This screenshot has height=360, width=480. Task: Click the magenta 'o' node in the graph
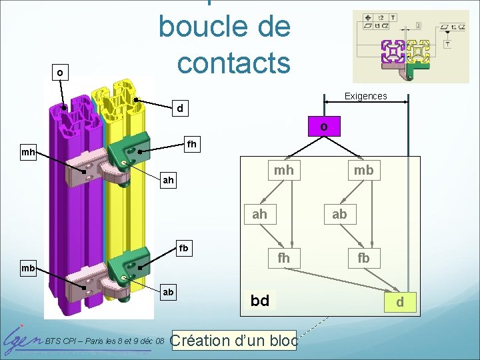pyautogui.click(x=323, y=126)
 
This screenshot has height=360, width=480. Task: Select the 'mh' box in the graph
pyautogui.click(x=283, y=171)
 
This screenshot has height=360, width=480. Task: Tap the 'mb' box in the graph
pyautogui.click(x=363, y=171)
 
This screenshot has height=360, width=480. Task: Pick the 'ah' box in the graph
pyautogui.click(x=260, y=214)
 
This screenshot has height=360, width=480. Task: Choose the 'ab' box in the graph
pyautogui.click(x=339, y=214)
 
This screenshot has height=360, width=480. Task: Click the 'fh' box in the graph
pyautogui.click(x=283, y=257)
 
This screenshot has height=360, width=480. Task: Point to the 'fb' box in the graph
pyautogui.click(x=363, y=257)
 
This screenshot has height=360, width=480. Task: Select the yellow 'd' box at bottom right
pyautogui.click(x=400, y=303)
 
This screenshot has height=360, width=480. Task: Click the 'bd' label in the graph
pyautogui.click(x=260, y=301)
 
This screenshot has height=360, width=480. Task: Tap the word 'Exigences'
pyautogui.click(x=365, y=96)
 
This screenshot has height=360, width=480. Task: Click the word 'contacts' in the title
pyautogui.click(x=233, y=62)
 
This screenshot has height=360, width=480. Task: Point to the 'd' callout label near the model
pyautogui.click(x=179, y=107)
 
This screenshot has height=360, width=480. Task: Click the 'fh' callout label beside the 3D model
pyautogui.click(x=192, y=143)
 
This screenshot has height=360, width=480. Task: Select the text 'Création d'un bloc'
pyautogui.click(x=234, y=340)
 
